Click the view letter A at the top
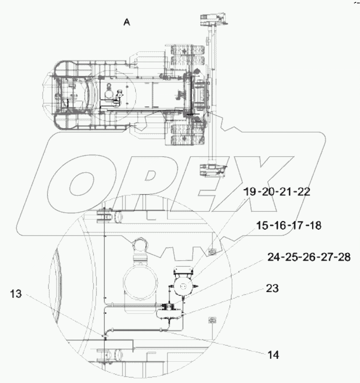[x=127, y=22]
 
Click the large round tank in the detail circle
[x=141, y=282]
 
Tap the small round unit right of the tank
[x=184, y=286]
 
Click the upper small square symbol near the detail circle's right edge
[x=211, y=251]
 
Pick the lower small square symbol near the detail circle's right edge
[x=211, y=320]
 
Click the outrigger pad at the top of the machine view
[x=213, y=20]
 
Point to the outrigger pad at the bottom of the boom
[x=213, y=170]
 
